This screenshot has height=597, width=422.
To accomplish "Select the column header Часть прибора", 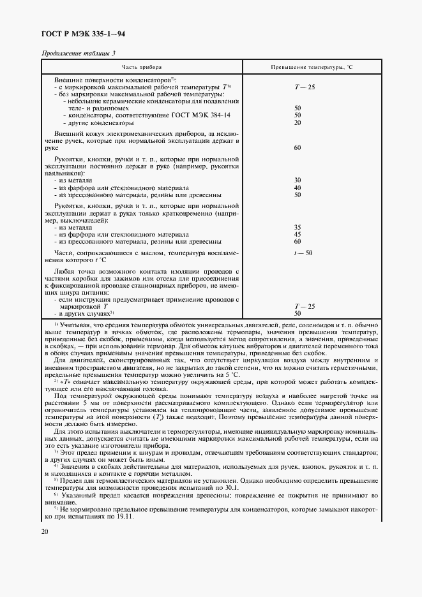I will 142,66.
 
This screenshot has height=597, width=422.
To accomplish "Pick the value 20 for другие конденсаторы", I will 298,122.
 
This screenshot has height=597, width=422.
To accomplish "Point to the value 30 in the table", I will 298,181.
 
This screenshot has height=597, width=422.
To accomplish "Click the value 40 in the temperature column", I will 298,188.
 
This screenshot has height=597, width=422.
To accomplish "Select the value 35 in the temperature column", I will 298,227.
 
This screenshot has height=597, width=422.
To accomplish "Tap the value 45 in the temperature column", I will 298,234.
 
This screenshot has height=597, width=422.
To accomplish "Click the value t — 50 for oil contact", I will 303,253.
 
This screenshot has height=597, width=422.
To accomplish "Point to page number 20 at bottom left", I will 45,532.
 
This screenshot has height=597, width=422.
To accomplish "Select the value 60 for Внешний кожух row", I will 298,147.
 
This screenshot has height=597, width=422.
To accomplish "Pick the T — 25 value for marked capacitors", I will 305,86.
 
